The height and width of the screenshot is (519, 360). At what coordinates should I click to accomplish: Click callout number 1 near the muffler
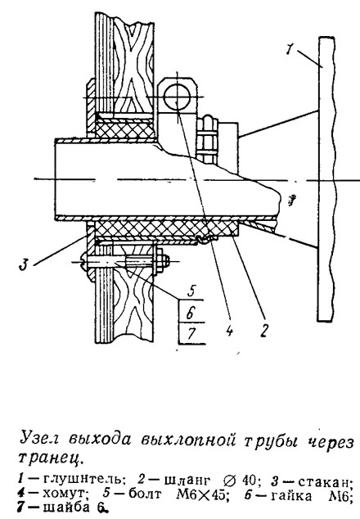tap(290, 50)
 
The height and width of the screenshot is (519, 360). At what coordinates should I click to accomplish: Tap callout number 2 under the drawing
tap(263, 329)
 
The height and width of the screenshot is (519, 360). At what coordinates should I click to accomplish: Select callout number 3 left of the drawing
tap(23, 264)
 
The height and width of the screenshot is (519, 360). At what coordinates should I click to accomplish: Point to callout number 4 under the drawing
tap(230, 329)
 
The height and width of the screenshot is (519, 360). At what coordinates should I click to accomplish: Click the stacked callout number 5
tap(191, 292)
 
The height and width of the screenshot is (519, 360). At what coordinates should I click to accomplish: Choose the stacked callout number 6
tap(190, 313)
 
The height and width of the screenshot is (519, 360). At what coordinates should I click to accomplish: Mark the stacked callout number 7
tap(191, 334)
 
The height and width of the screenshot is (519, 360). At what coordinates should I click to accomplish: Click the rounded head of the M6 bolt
tap(83, 261)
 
